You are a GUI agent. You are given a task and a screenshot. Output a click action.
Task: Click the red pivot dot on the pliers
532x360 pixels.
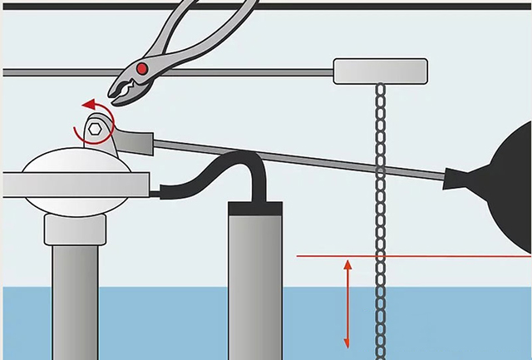143,67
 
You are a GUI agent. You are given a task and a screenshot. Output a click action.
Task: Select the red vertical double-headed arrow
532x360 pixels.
347,303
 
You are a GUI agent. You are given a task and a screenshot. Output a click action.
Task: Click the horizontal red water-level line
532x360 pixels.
416,256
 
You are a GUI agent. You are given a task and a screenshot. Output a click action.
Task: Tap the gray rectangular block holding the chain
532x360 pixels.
380,71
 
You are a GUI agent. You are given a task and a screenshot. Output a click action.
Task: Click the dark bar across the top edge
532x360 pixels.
266,4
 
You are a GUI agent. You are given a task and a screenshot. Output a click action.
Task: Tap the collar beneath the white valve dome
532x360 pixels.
75,229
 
